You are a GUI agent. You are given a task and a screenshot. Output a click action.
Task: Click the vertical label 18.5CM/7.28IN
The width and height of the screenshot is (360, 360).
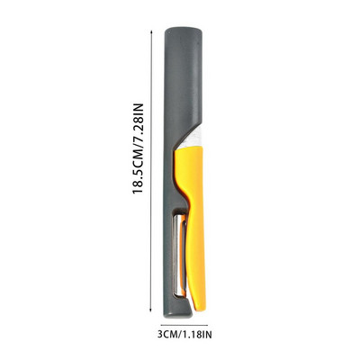pyautogui.click(x=139, y=148)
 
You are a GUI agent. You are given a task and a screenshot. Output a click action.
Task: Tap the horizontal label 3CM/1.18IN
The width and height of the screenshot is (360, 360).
pyautogui.click(x=184, y=335)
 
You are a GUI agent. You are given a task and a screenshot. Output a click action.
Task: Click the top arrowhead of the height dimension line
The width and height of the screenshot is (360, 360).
pyautogui.click(x=151, y=31)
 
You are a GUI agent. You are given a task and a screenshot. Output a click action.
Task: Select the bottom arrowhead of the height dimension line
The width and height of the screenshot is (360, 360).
pyautogui.click(x=151, y=310)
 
